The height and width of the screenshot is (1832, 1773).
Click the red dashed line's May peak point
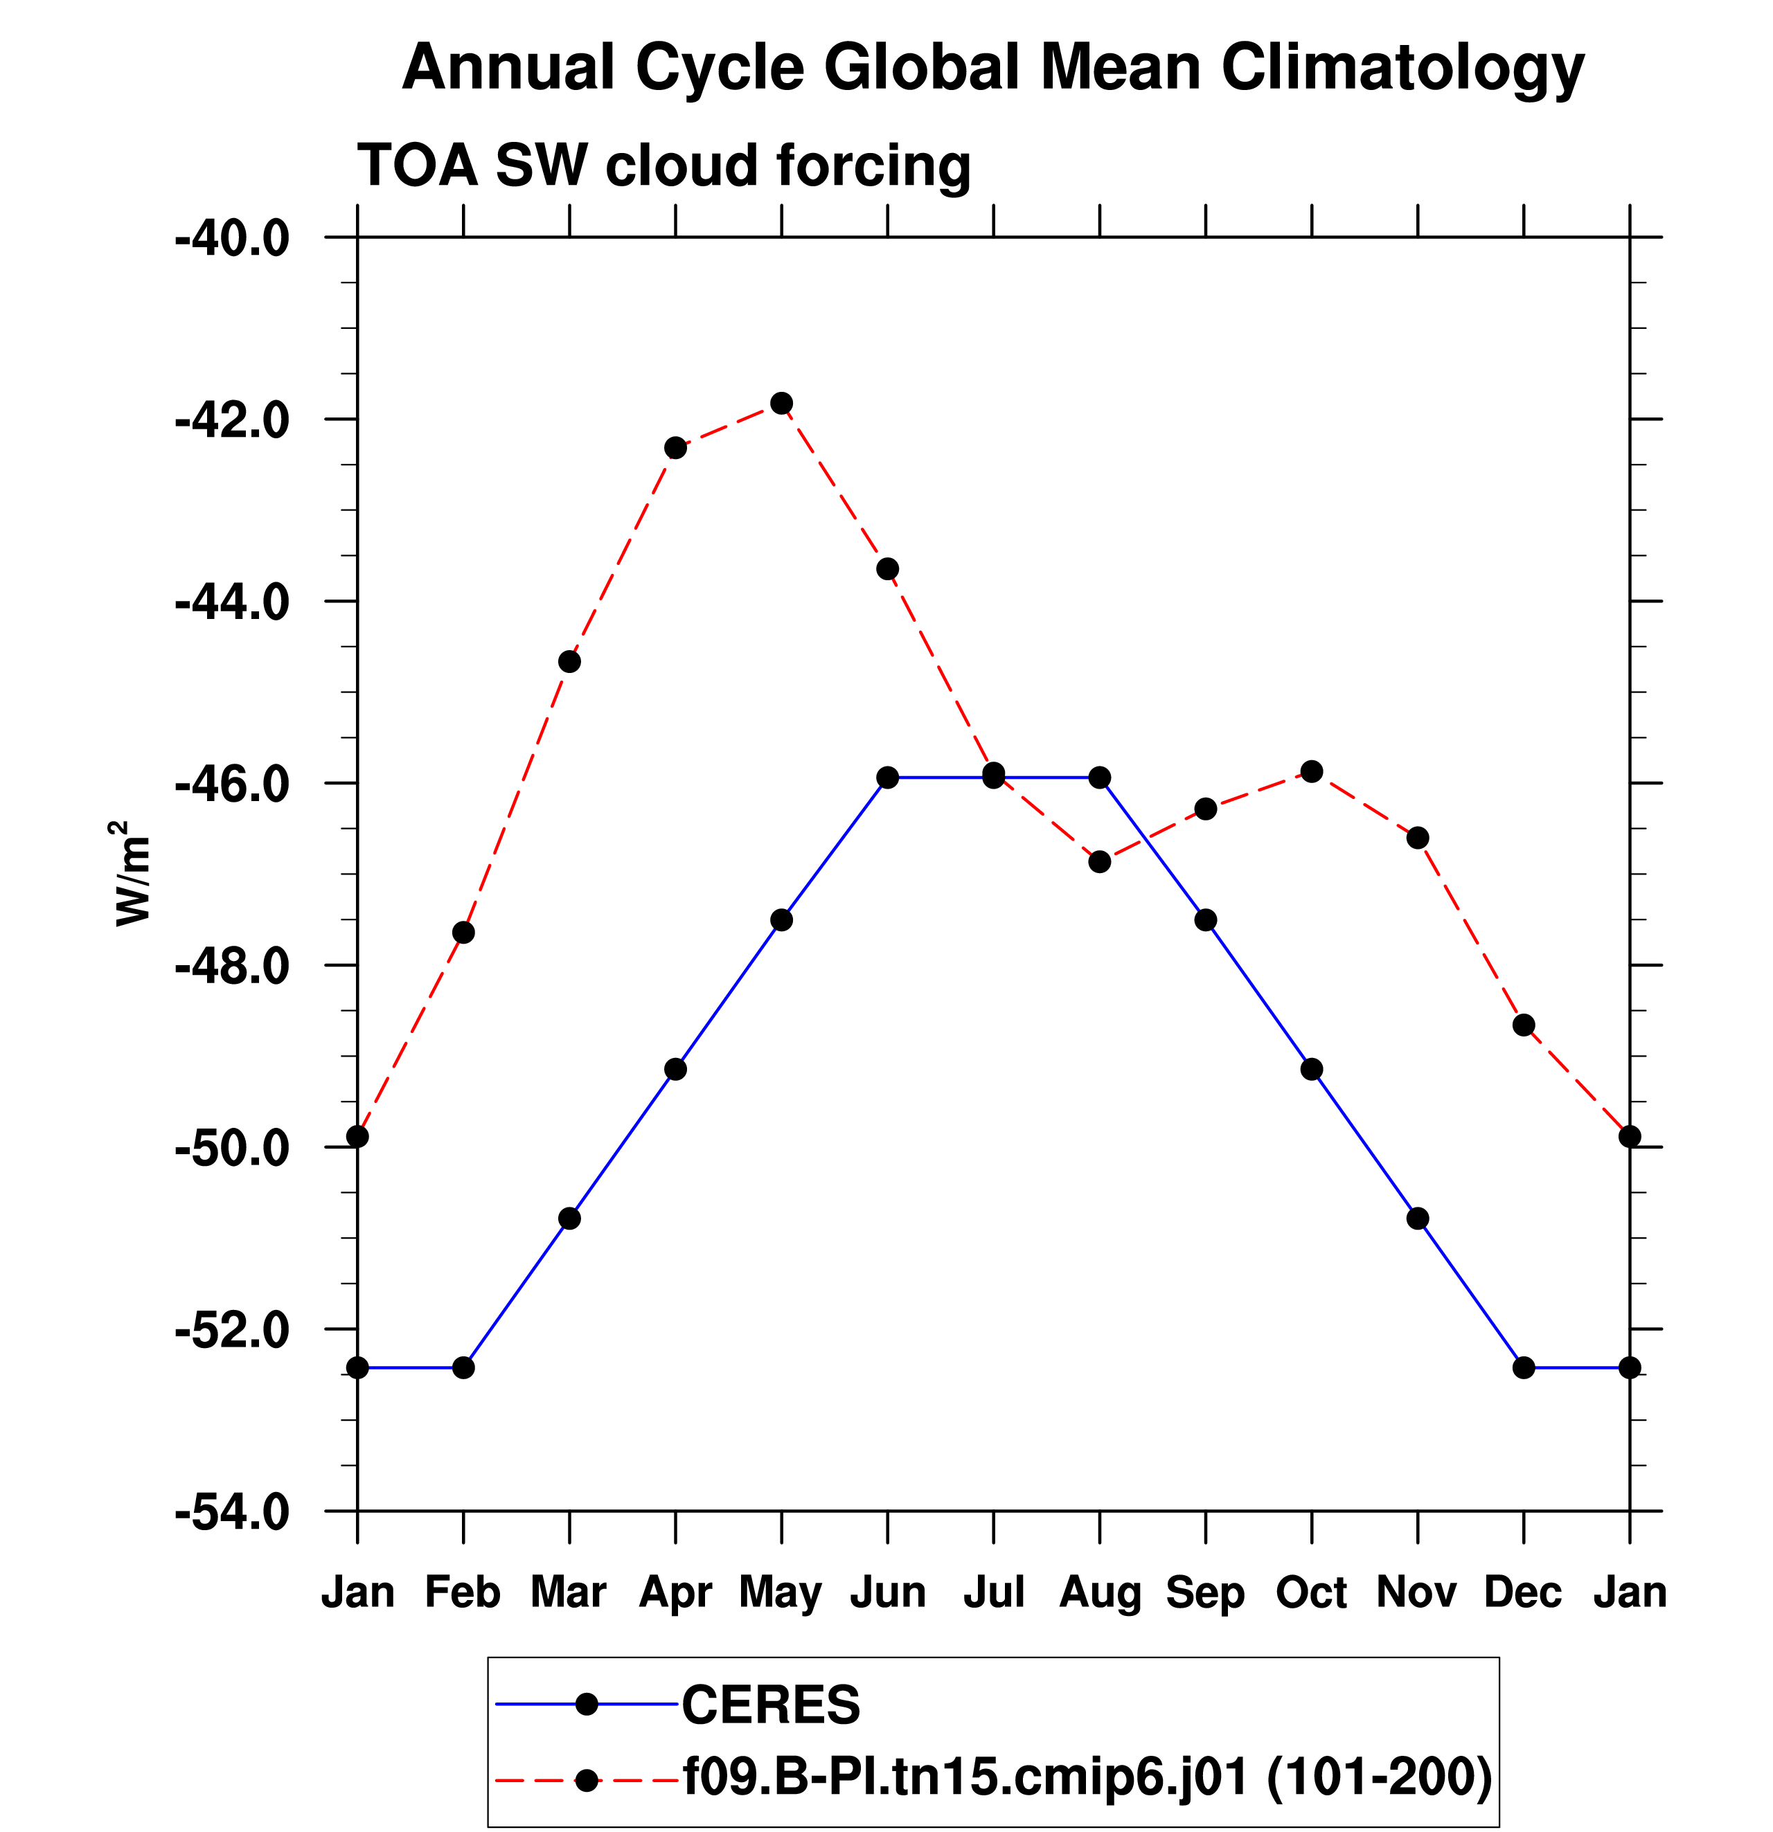782,403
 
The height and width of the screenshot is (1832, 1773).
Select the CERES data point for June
887,777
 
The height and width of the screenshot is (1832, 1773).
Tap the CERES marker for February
464,1367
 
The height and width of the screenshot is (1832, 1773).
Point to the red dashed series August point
1100,861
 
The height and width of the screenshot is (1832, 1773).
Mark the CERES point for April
676,1068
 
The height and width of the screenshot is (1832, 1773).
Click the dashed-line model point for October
1312,771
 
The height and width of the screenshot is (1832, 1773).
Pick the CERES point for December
1524,1367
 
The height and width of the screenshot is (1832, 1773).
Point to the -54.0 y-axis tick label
233,1512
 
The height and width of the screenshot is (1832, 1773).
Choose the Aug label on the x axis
1100,1592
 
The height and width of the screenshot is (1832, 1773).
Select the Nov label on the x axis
1417,1592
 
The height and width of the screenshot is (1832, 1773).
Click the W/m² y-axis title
133,874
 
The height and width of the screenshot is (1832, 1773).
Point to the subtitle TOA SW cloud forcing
664,165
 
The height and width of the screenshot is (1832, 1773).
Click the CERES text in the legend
771,1705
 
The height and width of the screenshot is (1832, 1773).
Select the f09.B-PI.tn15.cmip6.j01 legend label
967,1777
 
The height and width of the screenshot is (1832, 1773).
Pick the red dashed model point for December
1524,1025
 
